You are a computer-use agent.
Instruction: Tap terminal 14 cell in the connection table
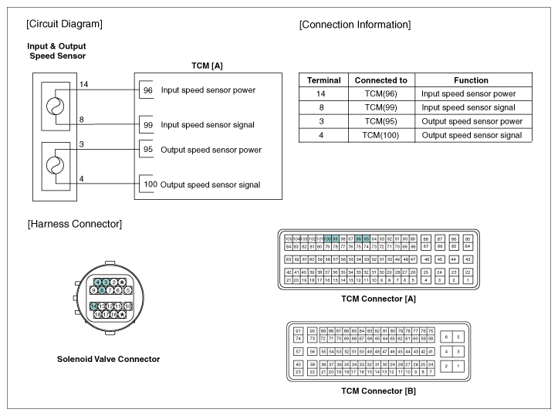pos(319,93)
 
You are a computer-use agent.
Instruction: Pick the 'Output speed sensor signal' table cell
pos(472,135)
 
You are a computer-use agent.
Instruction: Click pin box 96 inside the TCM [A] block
pos(147,90)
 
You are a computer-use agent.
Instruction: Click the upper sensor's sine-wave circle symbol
pos(53,107)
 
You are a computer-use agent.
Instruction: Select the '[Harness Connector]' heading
pos(74,224)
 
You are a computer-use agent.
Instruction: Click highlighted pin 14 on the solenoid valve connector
pos(93,306)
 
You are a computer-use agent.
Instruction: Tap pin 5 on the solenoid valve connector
pos(127,290)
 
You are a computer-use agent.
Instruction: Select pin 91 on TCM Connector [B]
pos(298,331)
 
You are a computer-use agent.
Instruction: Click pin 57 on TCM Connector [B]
pos(298,350)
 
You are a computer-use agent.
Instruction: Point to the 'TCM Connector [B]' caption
pos(378,391)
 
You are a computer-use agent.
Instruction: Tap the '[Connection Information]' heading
pos(354,25)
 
